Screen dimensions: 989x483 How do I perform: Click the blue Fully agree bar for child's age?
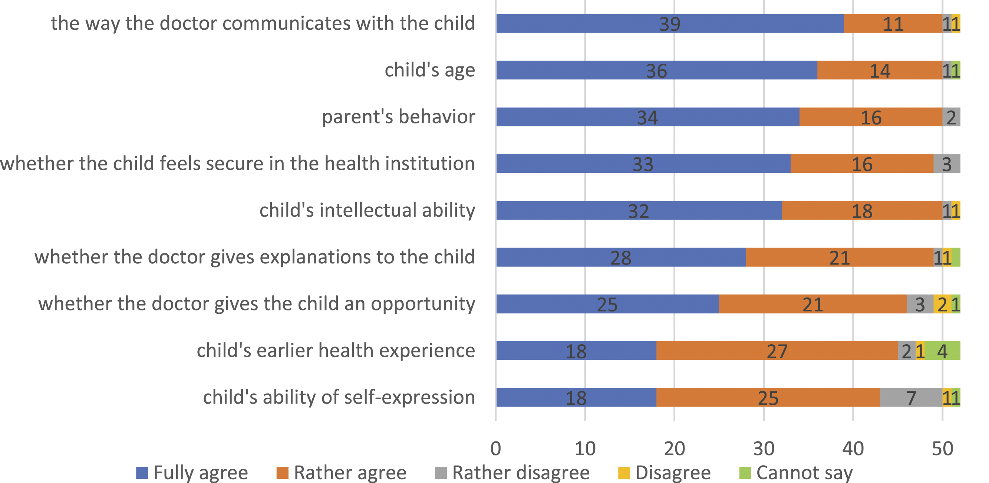tap(656, 70)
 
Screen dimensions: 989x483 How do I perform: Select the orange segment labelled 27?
tap(777, 351)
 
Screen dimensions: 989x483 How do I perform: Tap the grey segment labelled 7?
tap(911, 397)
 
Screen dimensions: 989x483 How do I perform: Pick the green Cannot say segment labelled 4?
tap(943, 351)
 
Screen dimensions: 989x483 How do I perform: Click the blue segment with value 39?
tap(670, 23)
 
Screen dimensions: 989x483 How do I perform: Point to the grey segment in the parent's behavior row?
tap(952, 117)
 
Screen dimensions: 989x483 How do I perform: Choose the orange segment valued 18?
tap(862, 210)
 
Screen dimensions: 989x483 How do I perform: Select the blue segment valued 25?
tap(607, 304)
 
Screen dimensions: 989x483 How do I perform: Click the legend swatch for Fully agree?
tap(142, 473)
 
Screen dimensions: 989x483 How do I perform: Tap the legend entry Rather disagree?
tap(512, 473)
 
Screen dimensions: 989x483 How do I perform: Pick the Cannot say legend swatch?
tap(745, 473)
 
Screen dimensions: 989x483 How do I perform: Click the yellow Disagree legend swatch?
tap(624, 473)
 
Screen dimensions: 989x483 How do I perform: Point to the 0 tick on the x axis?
tap(496, 448)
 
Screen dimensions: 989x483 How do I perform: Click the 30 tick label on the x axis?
tap(764, 448)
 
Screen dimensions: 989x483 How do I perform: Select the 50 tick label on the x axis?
tap(943, 448)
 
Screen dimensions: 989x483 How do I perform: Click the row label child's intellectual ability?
tap(367, 210)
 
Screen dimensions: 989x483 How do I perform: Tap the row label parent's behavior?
tap(399, 117)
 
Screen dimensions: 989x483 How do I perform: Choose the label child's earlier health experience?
tap(336, 351)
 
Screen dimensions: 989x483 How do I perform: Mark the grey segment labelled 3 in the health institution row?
tap(947, 164)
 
